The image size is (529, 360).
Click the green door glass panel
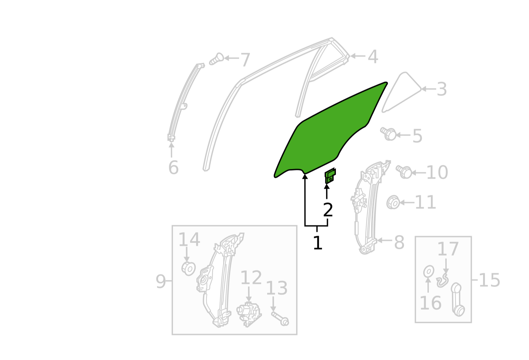coord(331,132)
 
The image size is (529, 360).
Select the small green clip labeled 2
coord(330,176)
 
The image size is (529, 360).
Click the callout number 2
coord(328,210)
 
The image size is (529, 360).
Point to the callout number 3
coord(442,89)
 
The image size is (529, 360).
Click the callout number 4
coord(373,57)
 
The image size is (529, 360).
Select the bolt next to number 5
coord(388,134)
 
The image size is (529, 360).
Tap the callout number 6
coord(173,168)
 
